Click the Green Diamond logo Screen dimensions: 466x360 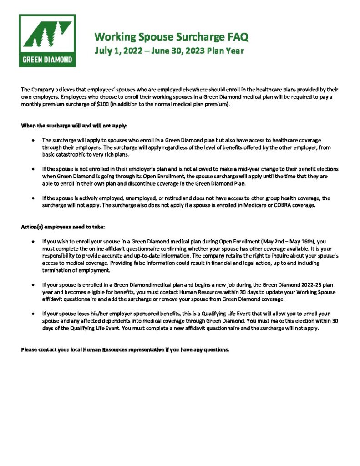[47, 41]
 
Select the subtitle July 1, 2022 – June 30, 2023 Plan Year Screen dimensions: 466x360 [169, 51]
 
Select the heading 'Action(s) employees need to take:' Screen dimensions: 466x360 [63, 227]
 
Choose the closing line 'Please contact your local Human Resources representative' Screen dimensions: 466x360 [125, 350]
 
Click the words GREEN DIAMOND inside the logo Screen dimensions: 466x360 [47, 59]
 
